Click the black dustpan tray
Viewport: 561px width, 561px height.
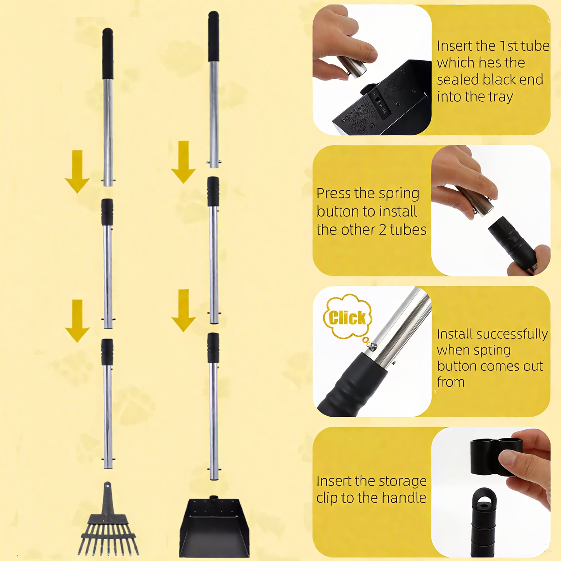pos(214,528)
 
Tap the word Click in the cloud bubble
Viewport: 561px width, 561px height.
pos(347,318)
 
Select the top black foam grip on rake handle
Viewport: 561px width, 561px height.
pos(108,54)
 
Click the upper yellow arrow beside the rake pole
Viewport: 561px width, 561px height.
pos(77,171)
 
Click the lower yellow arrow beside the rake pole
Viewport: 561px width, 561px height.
pos(77,320)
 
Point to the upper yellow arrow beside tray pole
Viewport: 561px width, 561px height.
pos(183,162)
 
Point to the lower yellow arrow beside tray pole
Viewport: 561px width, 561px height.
pos(183,310)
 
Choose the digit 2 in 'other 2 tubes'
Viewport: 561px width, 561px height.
pos(382,230)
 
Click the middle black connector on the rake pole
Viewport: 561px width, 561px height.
pos(107,212)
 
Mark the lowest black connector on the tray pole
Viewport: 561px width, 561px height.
pos(213,347)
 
